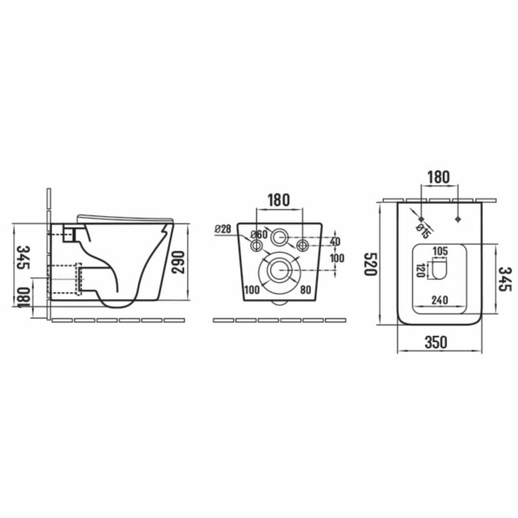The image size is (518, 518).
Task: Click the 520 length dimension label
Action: [x=370, y=264]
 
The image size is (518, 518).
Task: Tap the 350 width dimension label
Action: [x=436, y=342]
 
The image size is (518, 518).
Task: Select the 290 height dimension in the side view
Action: [x=178, y=262]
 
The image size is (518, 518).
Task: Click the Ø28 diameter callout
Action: [x=223, y=229]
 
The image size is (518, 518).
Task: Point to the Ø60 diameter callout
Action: [x=258, y=234]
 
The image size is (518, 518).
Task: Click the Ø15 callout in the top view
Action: [x=423, y=231]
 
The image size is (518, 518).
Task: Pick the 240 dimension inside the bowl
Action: [x=440, y=300]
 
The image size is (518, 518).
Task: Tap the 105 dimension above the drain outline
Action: [x=440, y=251]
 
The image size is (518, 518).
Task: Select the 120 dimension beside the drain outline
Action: [x=420, y=270]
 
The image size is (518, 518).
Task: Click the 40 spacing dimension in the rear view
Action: [x=335, y=242]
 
